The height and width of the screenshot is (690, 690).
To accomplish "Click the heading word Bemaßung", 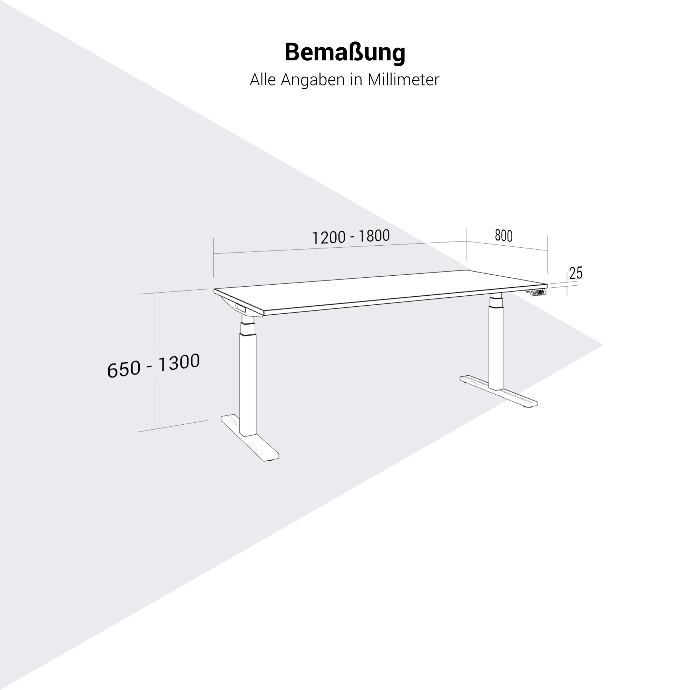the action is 345,53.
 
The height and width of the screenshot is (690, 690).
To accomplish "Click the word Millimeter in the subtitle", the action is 403,80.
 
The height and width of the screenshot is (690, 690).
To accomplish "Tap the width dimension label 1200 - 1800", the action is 351,237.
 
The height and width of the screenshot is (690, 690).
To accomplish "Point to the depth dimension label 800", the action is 504,236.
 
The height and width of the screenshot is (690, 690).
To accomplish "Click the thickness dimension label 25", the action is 576,273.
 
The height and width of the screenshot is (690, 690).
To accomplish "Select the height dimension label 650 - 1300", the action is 153,365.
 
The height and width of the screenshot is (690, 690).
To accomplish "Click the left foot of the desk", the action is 250,438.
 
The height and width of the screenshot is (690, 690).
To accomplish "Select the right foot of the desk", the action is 499,392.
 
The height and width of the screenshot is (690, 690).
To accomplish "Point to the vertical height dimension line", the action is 155,361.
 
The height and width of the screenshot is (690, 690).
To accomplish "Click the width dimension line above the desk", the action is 339,247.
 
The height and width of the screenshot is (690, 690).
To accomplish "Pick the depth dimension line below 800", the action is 507,246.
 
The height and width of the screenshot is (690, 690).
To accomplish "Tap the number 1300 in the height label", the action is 179,363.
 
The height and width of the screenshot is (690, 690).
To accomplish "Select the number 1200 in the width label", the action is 329,238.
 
